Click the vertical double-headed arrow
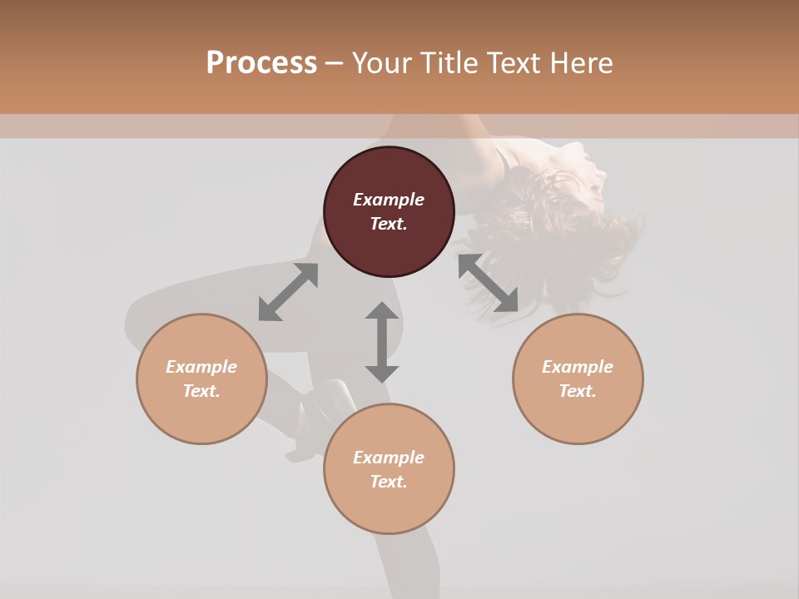(382, 342)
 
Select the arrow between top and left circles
(288, 292)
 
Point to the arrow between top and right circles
(489, 283)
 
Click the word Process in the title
(261, 62)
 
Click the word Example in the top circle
(389, 200)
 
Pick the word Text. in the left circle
(201, 391)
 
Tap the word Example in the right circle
(578, 367)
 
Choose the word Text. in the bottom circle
(389, 482)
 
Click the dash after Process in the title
(335, 63)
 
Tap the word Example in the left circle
(201, 367)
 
